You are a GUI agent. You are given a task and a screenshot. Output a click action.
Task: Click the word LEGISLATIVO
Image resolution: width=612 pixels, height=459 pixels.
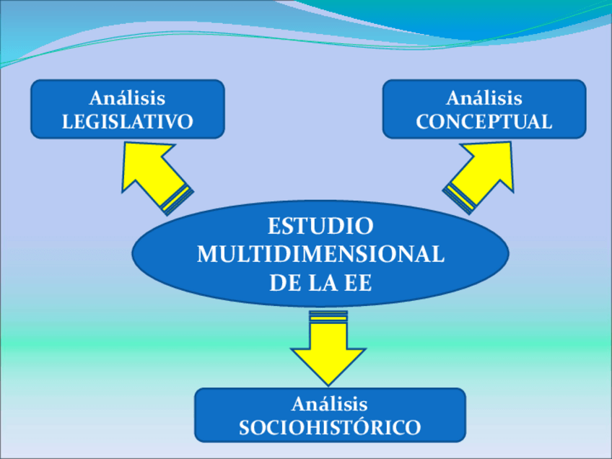[x=128, y=122]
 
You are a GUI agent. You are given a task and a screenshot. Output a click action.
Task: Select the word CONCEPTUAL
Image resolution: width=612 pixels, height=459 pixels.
[x=484, y=122]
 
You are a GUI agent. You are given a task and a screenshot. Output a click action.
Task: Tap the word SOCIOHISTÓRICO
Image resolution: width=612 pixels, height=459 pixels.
[x=330, y=427]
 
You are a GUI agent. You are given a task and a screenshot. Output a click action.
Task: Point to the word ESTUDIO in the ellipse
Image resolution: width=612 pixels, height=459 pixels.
[x=320, y=226]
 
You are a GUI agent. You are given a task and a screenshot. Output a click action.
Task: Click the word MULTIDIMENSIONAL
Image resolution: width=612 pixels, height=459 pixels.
[x=320, y=255]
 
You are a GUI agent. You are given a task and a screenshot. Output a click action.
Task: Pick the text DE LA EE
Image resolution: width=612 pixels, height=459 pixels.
[x=320, y=283]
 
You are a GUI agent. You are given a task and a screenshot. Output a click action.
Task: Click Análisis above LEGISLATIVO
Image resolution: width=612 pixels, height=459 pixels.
[x=128, y=98]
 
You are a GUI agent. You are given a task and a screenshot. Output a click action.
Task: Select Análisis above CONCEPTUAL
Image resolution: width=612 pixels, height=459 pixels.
[x=484, y=98]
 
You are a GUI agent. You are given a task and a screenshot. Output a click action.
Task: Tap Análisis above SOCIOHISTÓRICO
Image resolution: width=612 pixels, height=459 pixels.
[x=330, y=403]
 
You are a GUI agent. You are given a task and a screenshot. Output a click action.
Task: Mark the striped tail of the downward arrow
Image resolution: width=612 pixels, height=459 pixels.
[x=328, y=315]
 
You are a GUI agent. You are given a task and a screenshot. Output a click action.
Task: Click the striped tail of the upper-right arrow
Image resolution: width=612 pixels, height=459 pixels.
[x=460, y=198]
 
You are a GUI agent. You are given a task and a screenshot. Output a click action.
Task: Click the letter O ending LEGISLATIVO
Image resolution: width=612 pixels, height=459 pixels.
[x=186, y=122]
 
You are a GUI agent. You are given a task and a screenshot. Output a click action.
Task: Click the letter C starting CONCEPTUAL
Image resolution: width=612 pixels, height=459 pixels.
[x=422, y=122]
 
